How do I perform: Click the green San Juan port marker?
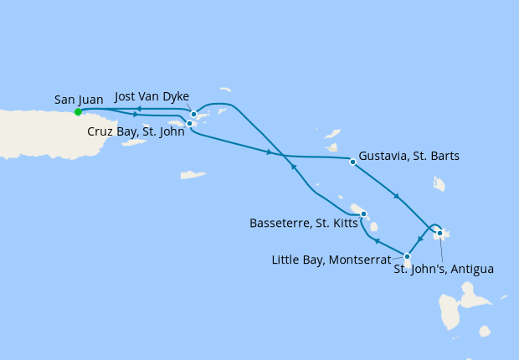pos(78,111)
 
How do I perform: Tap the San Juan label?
pos(79,100)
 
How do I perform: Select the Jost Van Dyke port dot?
pos(193,115)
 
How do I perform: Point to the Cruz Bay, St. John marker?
pos(190,124)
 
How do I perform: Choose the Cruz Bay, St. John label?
pos(136,131)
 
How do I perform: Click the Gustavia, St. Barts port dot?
pos(352,162)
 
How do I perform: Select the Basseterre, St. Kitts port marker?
pos(363,214)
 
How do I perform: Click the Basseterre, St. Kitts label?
pos(304,223)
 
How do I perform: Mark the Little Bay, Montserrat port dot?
pos(407,256)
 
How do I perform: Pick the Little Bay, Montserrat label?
pos(331,260)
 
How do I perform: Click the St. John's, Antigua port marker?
pos(439,234)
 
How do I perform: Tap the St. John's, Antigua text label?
pos(444,269)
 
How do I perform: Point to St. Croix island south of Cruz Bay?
pos(193,175)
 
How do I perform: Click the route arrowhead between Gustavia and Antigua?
pos(397,198)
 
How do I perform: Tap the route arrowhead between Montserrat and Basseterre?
pos(377,241)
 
